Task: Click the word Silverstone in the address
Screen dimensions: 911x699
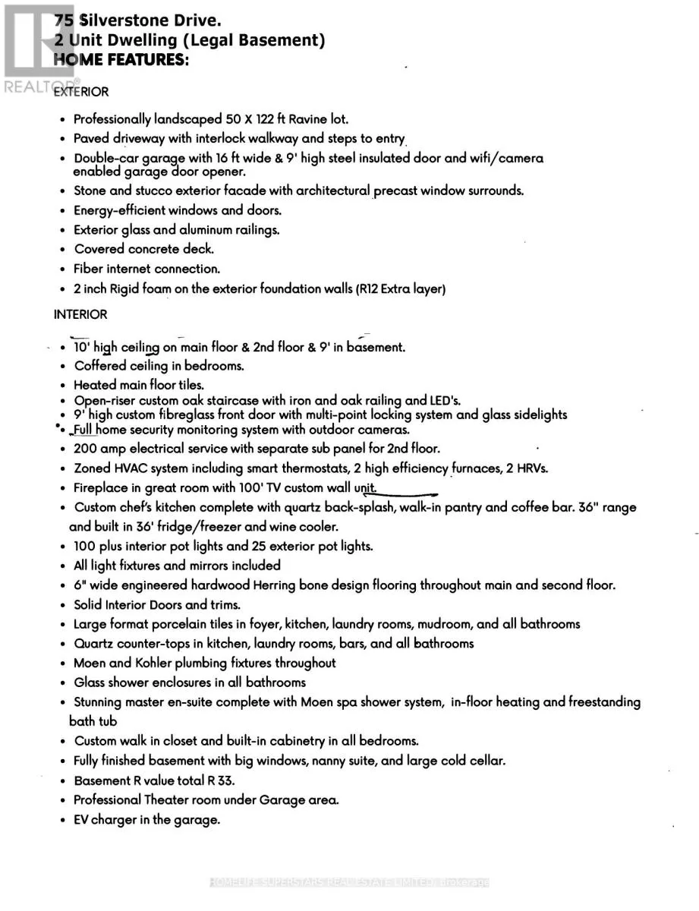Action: [124, 22]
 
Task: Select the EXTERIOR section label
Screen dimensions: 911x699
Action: [81, 92]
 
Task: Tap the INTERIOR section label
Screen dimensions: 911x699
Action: [80, 314]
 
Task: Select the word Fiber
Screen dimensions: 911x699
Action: [88, 269]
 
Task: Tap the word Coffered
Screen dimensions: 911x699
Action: [100, 366]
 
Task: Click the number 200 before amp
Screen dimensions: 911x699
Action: [85, 449]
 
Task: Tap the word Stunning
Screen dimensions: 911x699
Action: [99, 702]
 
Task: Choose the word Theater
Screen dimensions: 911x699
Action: [168, 800]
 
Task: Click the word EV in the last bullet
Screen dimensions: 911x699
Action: [81, 820]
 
